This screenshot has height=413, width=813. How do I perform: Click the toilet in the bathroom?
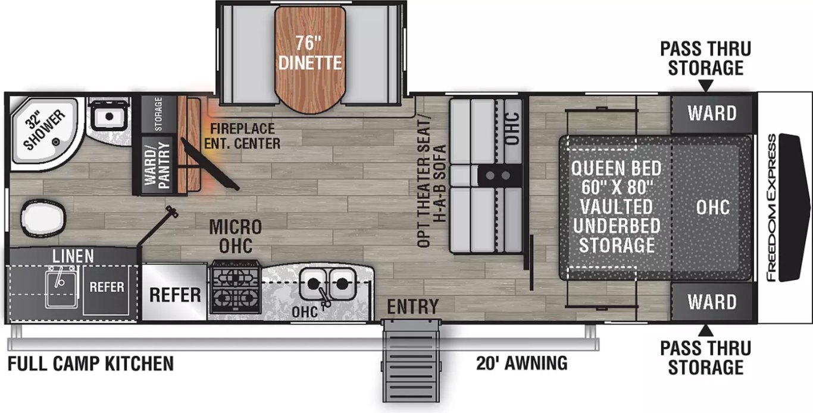pyautogui.click(x=43, y=217)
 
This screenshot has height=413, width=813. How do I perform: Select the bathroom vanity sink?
pyautogui.click(x=108, y=115)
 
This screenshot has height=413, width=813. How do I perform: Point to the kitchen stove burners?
pyautogui.click(x=236, y=286)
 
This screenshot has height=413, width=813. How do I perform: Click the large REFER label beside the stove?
pyautogui.click(x=175, y=295)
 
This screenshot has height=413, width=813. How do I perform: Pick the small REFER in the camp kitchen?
pyautogui.click(x=107, y=287)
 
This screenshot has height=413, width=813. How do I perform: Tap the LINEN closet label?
pyautogui.click(x=73, y=256)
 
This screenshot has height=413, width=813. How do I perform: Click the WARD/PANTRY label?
pyautogui.click(x=157, y=165)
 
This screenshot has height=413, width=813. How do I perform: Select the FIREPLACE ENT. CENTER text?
pyautogui.click(x=242, y=136)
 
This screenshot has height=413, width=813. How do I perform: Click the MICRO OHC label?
pyautogui.click(x=236, y=237)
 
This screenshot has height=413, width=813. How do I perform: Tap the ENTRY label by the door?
pyautogui.click(x=412, y=307)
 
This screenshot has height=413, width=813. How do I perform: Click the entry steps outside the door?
pyautogui.click(x=411, y=361)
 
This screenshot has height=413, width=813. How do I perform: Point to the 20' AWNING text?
pyautogui.click(x=521, y=363)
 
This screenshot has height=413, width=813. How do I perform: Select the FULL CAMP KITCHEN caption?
pyautogui.click(x=90, y=364)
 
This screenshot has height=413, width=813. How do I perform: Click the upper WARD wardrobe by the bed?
pyautogui.click(x=712, y=114)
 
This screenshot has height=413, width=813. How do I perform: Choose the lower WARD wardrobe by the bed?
pyautogui.click(x=712, y=302)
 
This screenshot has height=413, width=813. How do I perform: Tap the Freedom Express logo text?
pyautogui.click(x=772, y=207)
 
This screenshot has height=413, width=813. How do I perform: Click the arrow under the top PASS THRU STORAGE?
pyautogui.click(x=705, y=86)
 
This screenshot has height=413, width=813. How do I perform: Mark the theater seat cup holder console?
pyautogui.click(x=498, y=176)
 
